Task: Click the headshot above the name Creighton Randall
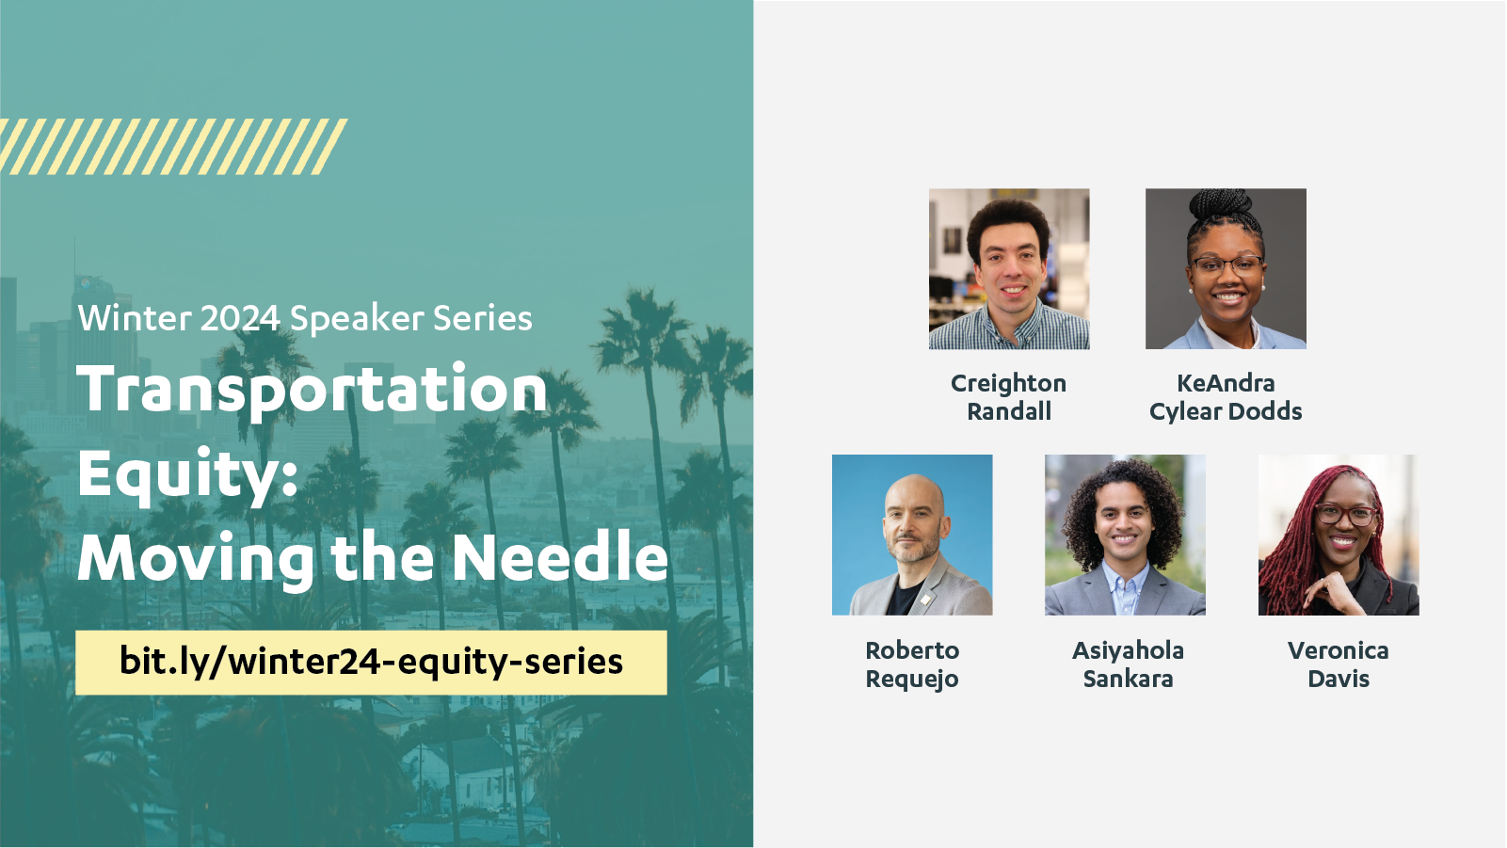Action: [x=1009, y=269]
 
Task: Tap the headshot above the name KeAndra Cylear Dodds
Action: [x=1226, y=269]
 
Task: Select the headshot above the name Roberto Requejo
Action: [x=912, y=536]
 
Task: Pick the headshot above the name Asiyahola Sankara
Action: [x=1125, y=536]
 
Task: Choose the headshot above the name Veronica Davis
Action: [x=1339, y=536]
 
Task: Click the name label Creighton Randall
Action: [x=1008, y=397]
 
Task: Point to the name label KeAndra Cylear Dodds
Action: [x=1226, y=397]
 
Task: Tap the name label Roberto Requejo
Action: [x=912, y=664]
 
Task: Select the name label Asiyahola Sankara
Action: [x=1128, y=664]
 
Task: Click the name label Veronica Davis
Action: [x=1339, y=664]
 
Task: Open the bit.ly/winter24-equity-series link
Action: [x=372, y=662]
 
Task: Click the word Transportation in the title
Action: [x=313, y=390]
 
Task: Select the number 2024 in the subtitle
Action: [x=240, y=318]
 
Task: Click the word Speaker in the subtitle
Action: [x=357, y=319]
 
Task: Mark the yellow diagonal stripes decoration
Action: [x=173, y=147]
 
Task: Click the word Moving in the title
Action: [x=196, y=559]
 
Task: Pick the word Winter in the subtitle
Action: [x=135, y=318]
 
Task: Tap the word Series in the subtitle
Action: [x=482, y=318]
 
